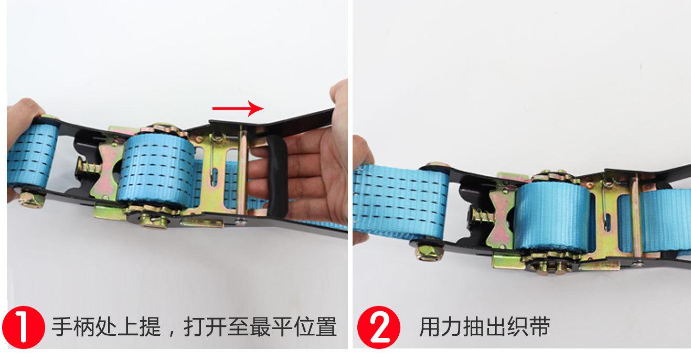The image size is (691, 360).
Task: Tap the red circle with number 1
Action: pyautogui.click(x=24, y=327)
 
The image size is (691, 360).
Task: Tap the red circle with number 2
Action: pyautogui.click(x=379, y=327)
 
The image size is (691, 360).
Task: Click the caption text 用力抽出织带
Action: pyautogui.click(x=484, y=327)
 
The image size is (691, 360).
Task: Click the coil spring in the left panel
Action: pyautogui.click(x=87, y=170)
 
